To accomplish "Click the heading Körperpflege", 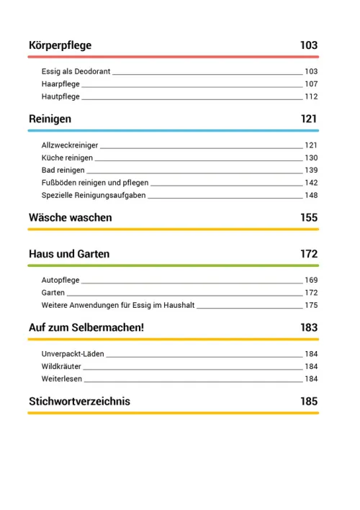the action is [x=60, y=46].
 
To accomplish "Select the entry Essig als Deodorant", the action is [x=76, y=72].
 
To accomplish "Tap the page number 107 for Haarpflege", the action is [x=310, y=84].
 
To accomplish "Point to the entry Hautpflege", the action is [x=60, y=96].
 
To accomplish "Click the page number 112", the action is [x=310, y=96].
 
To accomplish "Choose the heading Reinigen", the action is [x=50, y=119].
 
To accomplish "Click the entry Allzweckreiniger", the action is [x=70, y=145].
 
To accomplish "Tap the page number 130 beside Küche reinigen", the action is [x=310, y=158].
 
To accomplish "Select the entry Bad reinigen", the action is [x=63, y=170].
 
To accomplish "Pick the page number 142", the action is [x=310, y=183].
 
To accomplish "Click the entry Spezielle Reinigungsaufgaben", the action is [x=94, y=195].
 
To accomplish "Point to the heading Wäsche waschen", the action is [x=70, y=217].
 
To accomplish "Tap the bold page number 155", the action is [x=309, y=217].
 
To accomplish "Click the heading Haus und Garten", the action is [x=69, y=254].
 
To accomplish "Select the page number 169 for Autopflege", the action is [x=310, y=280].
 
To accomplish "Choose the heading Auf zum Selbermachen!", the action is [x=86, y=327].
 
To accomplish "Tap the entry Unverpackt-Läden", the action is [x=73, y=354].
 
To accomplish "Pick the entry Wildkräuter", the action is [x=62, y=366].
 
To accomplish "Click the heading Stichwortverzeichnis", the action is [x=79, y=401].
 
